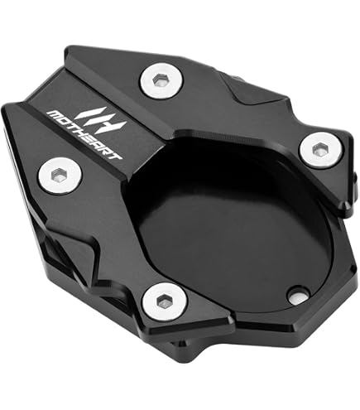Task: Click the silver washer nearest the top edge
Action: pos(161,80)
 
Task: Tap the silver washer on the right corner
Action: pos(321,150)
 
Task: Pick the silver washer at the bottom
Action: pos(165,302)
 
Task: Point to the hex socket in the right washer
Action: pos(319,149)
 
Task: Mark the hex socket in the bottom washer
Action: pos(163,301)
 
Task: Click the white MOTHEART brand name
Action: pos(84,135)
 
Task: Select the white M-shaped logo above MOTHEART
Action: pos(101,120)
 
